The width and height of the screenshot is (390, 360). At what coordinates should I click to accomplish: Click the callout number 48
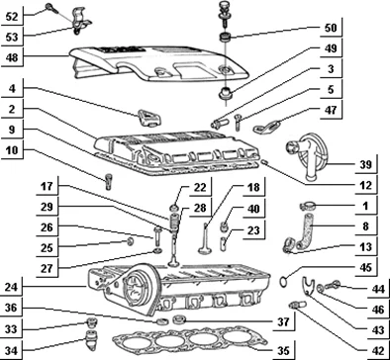[x=12, y=58]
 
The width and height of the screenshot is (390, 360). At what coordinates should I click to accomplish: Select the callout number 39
[x=365, y=164]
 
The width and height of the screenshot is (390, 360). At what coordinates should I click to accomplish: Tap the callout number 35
[x=283, y=350]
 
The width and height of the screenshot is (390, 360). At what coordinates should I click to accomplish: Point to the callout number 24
[x=11, y=288]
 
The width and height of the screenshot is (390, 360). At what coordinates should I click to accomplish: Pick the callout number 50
[x=331, y=28]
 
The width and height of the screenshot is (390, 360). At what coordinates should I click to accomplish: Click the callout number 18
[x=253, y=187]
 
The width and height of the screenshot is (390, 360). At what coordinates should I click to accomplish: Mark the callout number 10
[x=12, y=150]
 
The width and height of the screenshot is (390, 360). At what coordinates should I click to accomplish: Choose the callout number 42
[x=377, y=350]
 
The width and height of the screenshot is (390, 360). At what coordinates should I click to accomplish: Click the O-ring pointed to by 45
[x=283, y=282]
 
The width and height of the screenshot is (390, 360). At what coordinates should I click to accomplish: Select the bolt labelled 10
[x=109, y=182]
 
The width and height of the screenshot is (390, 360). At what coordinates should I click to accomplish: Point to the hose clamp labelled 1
[x=308, y=206]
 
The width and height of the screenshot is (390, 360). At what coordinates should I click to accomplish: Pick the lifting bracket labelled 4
[x=148, y=118]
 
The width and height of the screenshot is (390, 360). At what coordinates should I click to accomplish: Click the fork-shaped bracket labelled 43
[x=308, y=286]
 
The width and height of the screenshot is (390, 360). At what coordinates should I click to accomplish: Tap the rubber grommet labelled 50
[x=226, y=38]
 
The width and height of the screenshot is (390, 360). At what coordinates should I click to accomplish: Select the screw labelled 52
[x=52, y=8]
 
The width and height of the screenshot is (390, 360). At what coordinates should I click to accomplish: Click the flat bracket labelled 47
[x=266, y=127]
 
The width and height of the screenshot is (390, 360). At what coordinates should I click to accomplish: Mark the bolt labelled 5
[x=238, y=122]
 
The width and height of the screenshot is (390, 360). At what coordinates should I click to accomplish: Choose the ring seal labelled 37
[x=180, y=318]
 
